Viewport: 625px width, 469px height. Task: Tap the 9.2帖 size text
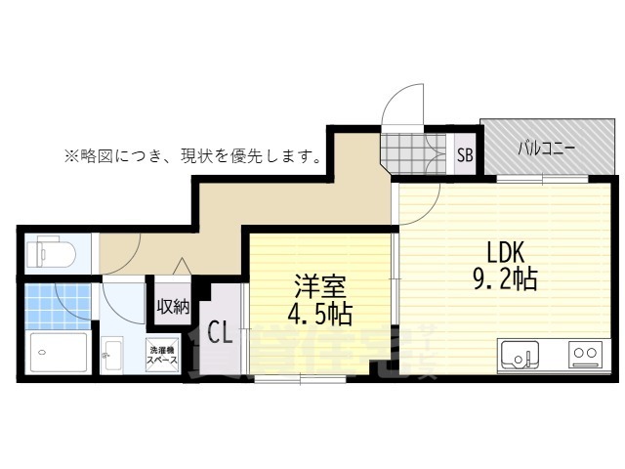pos(505,281)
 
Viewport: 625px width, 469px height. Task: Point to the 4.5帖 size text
pos(320,316)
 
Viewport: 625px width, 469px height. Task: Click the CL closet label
pos(220,333)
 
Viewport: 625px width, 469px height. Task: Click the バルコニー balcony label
pos(547,149)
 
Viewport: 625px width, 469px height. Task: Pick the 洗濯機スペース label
pos(163,354)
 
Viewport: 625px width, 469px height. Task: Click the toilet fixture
pos(49,253)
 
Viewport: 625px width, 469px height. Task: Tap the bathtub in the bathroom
pos(58,351)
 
